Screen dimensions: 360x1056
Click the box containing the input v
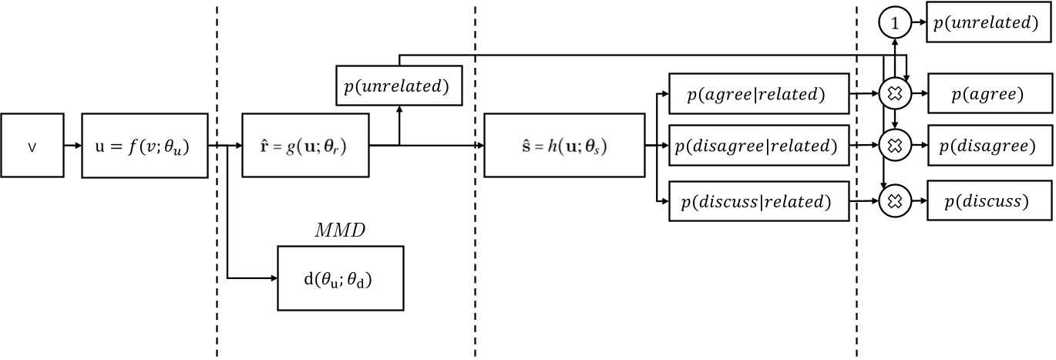pyautogui.click(x=32, y=145)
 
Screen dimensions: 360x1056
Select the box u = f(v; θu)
pyautogui.click(x=145, y=145)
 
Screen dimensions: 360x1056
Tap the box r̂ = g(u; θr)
pyautogui.click(x=305, y=145)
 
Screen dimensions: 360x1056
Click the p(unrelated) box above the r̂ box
pyautogui.click(x=399, y=86)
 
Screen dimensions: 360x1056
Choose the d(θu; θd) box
pyautogui.click(x=340, y=278)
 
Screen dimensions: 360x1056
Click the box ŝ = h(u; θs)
pyautogui.click(x=564, y=145)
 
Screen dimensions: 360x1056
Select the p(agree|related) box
pyautogui.click(x=758, y=95)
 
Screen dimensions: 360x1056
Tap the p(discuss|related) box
pyautogui.click(x=758, y=202)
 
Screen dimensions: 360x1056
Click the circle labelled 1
pyautogui.click(x=894, y=24)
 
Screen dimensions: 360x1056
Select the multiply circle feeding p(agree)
pyautogui.click(x=894, y=95)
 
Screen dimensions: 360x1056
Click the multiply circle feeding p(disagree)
pyautogui.click(x=894, y=145)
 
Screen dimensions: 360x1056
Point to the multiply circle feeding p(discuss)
pyautogui.click(x=894, y=202)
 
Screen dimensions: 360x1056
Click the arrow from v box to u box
pyautogui.click(x=72, y=145)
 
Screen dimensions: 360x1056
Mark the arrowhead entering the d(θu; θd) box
pyautogui.click(x=273, y=278)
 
